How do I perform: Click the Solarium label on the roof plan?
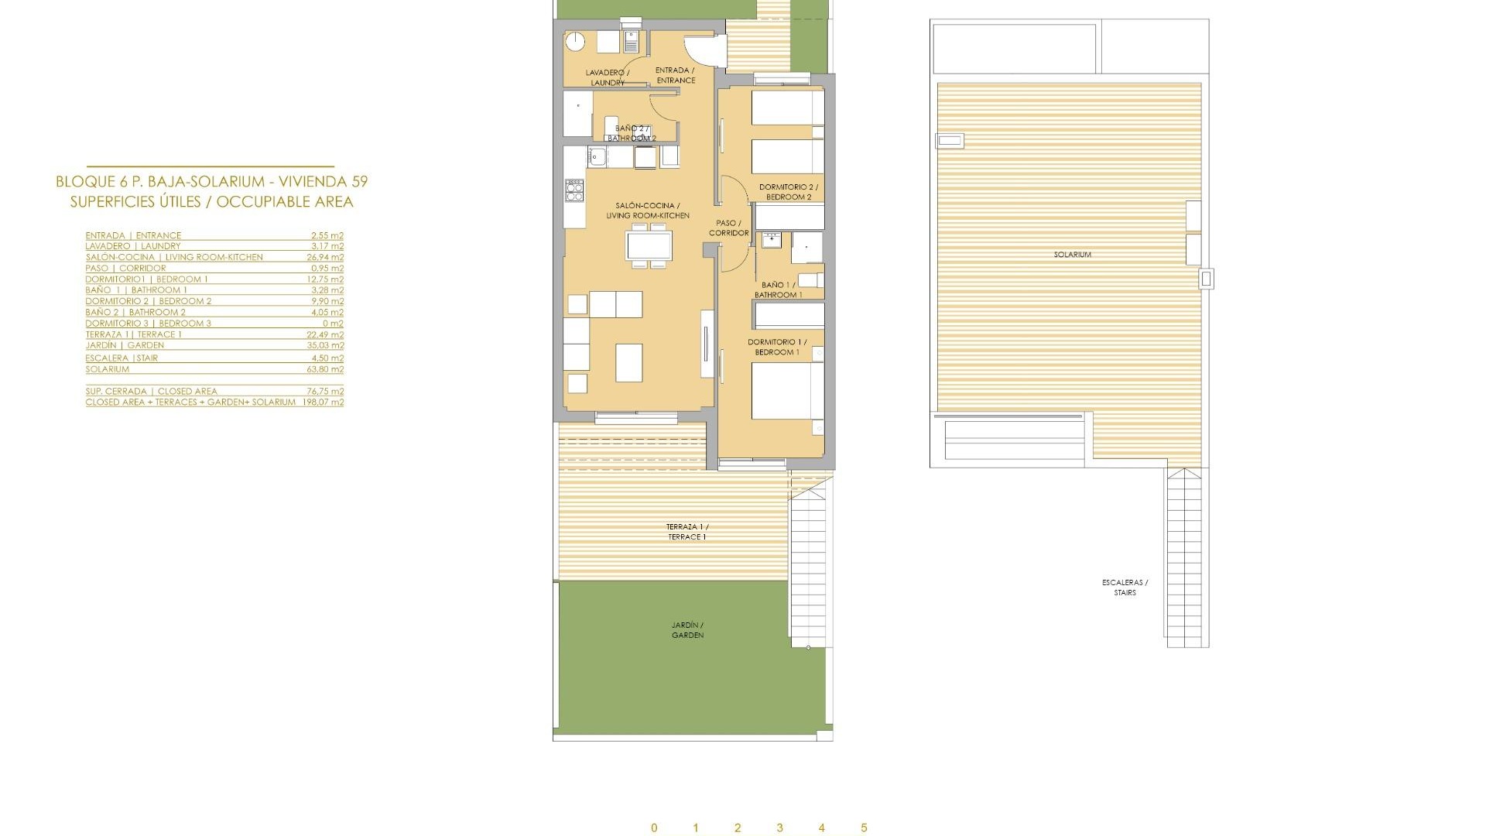1072,255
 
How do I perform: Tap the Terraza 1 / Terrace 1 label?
687,532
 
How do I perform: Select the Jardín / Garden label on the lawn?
687,630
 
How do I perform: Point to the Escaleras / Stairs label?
1125,588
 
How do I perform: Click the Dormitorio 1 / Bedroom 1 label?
777,347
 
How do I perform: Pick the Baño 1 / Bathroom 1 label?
778,290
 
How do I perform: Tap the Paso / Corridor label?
728,228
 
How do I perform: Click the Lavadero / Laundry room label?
608,77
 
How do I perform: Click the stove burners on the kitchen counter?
574,190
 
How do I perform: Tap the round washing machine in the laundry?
575,42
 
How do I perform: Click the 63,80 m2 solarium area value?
325,369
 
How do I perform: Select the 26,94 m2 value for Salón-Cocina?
325,257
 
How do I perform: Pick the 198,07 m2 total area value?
323,403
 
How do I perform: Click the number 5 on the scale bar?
864,828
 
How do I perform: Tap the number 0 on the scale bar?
654,828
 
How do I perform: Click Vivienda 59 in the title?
328,182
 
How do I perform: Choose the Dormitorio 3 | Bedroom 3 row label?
148,324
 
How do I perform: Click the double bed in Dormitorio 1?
786,391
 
